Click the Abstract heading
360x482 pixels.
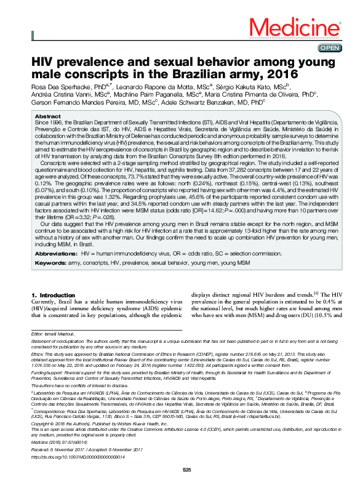tap(48, 116)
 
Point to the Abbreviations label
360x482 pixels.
tap(55, 253)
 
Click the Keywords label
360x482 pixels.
tap(50, 263)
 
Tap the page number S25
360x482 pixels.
tap(188, 470)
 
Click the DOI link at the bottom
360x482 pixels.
tap(74, 457)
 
